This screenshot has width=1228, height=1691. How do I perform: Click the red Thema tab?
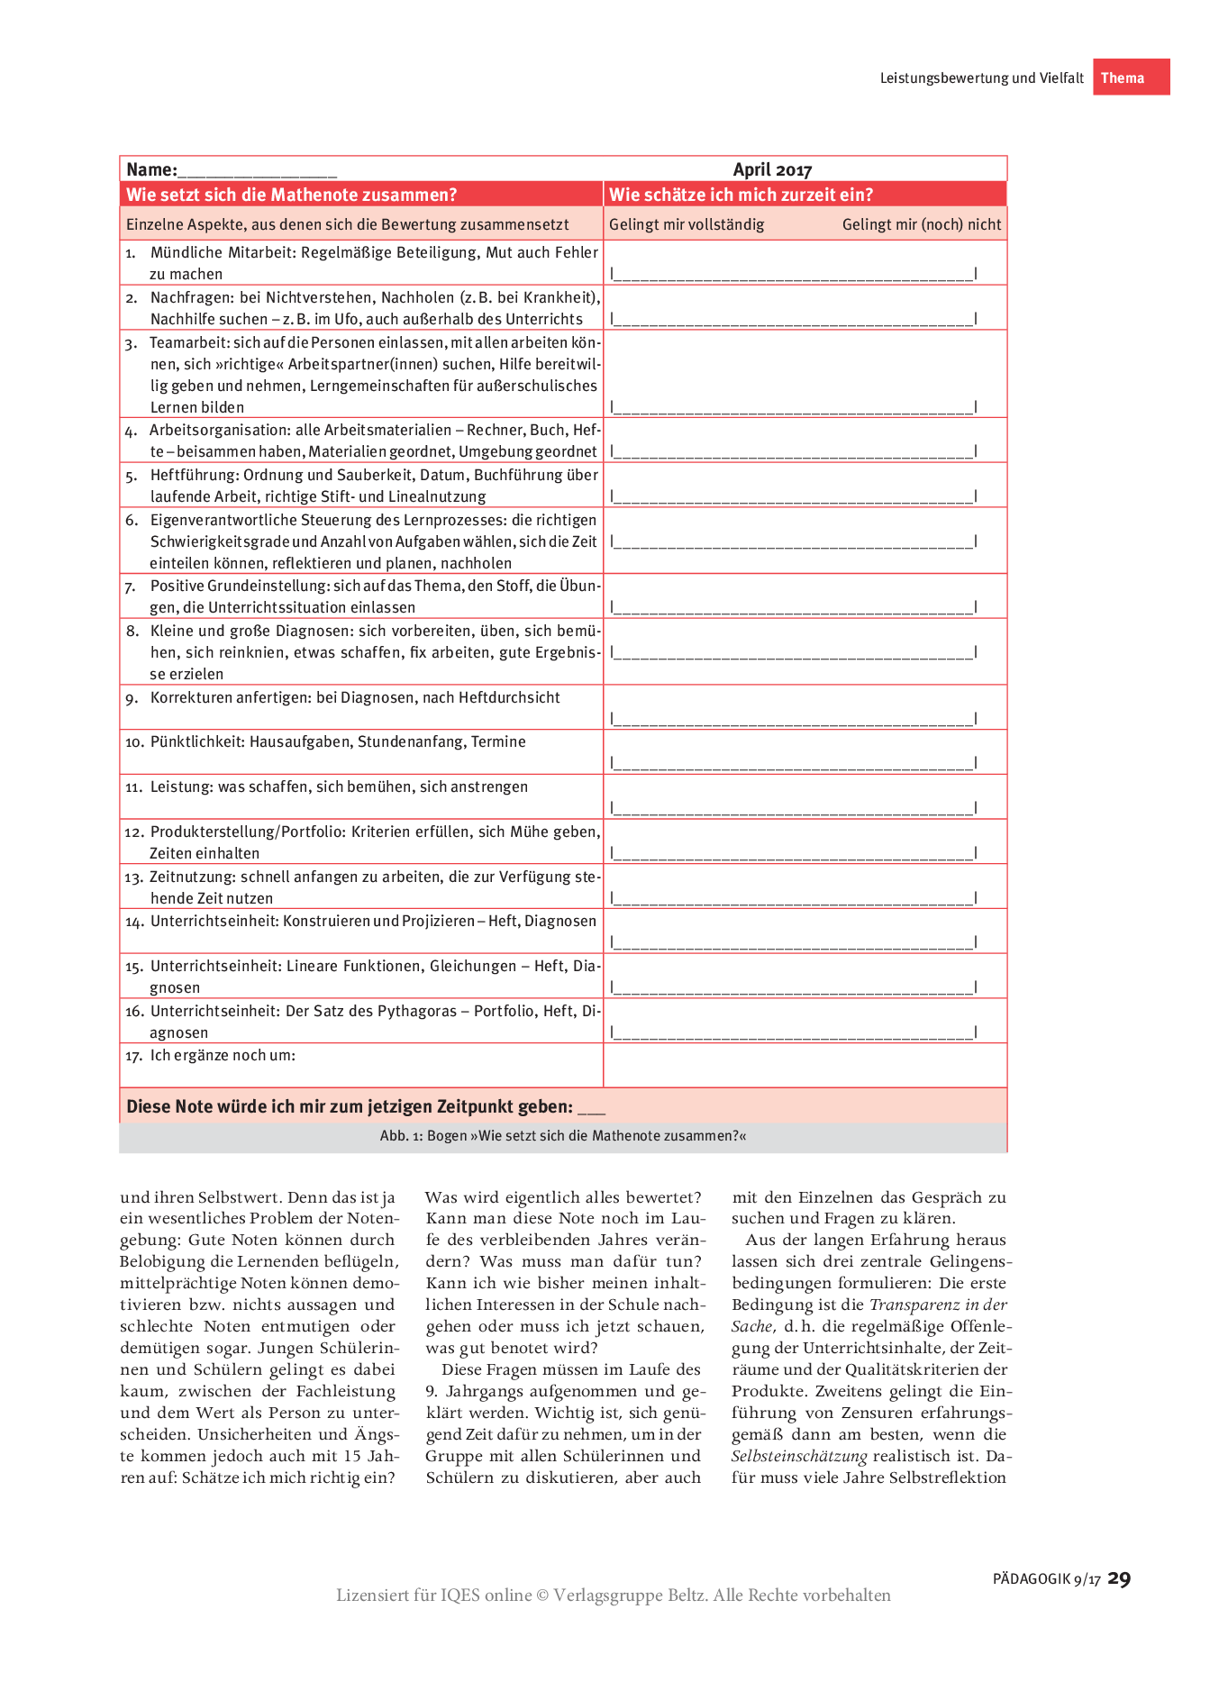1131,77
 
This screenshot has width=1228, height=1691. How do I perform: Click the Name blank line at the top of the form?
257,172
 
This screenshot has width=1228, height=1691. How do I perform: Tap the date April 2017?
772,170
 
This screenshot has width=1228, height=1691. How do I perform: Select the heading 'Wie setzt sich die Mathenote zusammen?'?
292,195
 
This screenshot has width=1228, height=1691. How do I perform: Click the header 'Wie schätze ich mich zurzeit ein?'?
741,195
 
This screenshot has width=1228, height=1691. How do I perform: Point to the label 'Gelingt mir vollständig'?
687,224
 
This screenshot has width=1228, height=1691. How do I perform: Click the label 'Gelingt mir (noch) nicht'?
921,224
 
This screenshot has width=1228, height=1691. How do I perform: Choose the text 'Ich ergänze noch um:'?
223,1056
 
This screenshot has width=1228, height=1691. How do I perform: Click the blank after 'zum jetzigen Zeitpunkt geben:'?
591,1109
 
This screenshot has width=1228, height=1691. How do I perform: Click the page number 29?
1119,1577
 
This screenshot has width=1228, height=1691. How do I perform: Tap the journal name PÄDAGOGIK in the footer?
1032,1579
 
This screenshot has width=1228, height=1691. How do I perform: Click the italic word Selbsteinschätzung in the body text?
799,1456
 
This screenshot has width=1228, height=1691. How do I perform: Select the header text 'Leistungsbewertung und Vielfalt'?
981,78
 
